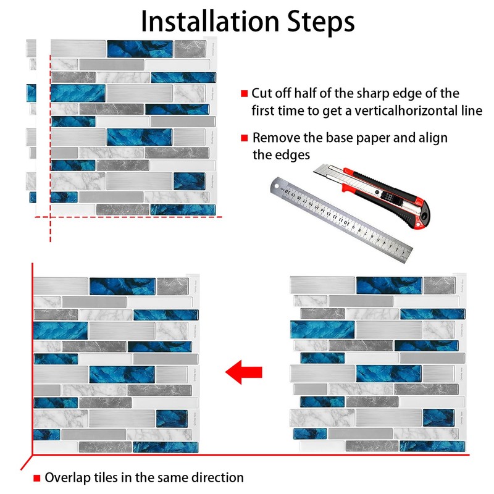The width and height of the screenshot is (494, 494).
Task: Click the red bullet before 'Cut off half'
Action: [245, 94]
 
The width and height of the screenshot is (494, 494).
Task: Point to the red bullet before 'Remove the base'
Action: [245, 138]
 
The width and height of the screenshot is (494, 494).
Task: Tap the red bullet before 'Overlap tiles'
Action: [37, 477]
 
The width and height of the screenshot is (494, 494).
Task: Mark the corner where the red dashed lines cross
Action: [50, 217]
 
